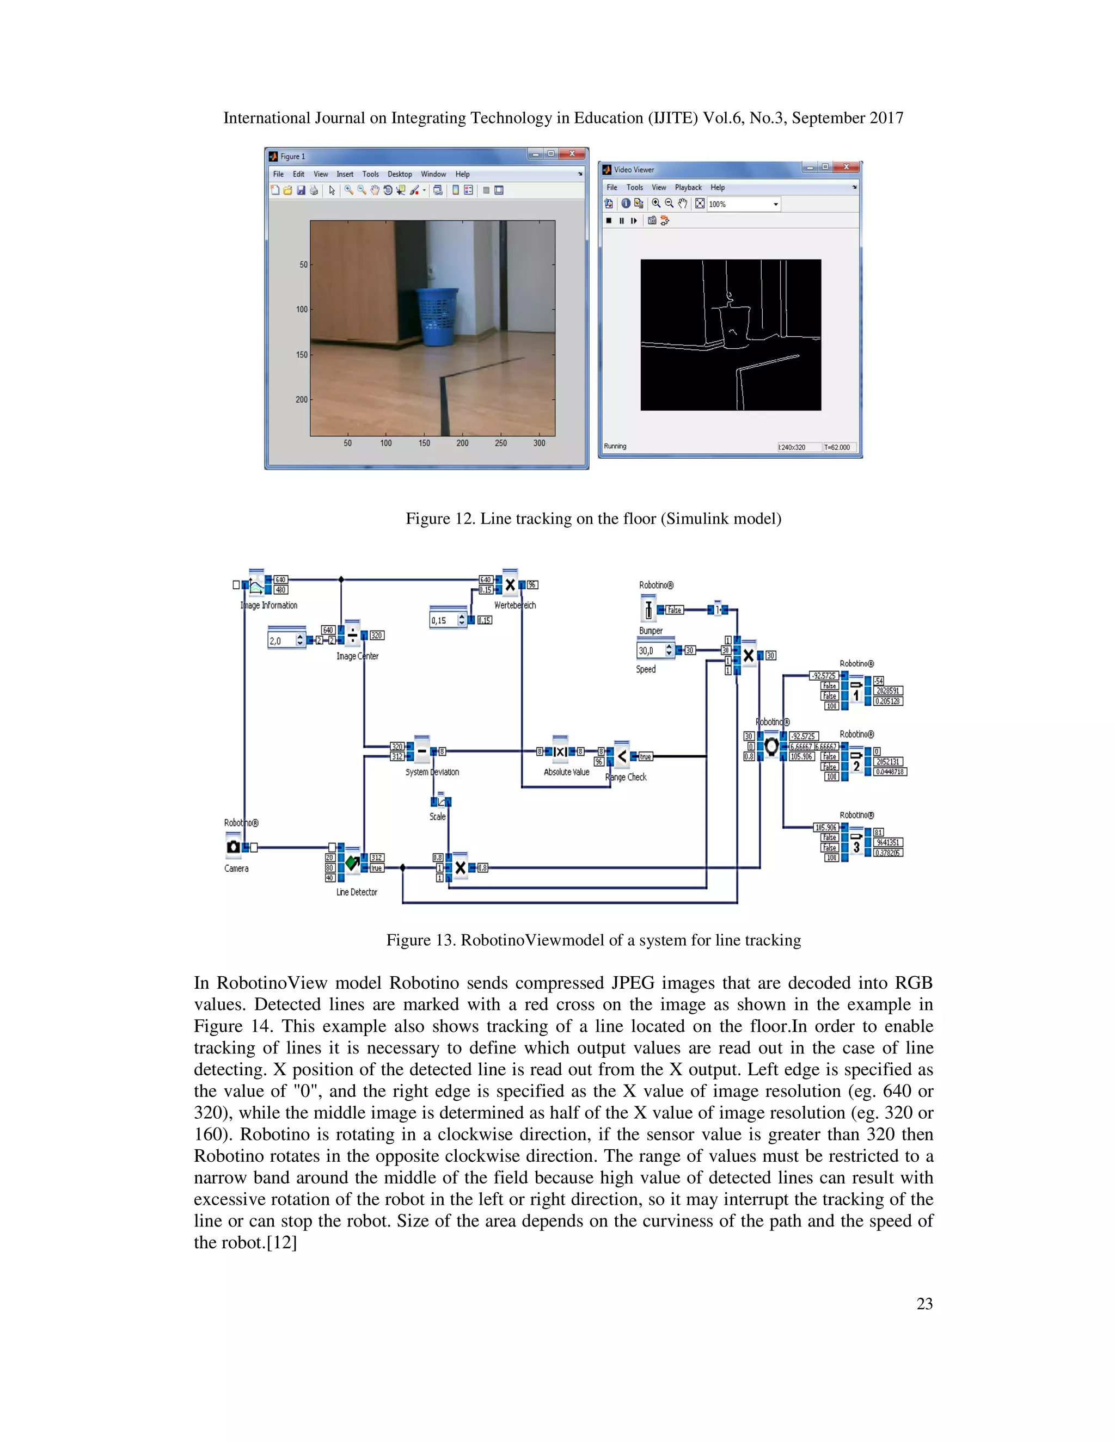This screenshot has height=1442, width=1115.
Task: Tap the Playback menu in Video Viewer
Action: pyautogui.click(x=688, y=188)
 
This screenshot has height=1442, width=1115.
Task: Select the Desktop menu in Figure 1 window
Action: pyautogui.click(x=399, y=174)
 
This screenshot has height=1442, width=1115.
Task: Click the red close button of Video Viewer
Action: pyautogui.click(x=846, y=168)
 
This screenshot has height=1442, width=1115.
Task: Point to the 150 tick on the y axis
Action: pyautogui.click(x=302, y=355)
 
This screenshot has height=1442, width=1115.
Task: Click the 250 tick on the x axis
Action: pyautogui.click(x=501, y=443)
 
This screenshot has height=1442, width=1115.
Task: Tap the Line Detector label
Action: pyautogui.click(x=357, y=892)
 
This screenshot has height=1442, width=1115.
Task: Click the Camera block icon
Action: pyautogui.click(x=233, y=847)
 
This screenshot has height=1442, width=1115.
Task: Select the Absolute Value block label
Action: pyautogui.click(x=566, y=772)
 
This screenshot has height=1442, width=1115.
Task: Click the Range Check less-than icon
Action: pyautogui.click(x=622, y=756)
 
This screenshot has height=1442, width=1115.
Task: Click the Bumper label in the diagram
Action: pyautogui.click(x=651, y=631)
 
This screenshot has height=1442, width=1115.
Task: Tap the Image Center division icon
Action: pyautogui.click(x=352, y=636)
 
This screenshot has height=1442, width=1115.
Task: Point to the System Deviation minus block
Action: pyautogui.click(x=422, y=751)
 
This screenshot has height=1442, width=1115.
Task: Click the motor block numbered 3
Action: pyautogui.click(x=856, y=847)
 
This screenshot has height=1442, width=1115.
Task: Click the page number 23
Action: pyautogui.click(x=924, y=1303)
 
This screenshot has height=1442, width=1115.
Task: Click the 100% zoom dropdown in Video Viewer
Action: pyautogui.click(x=743, y=204)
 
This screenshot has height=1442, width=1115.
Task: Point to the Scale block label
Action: pyautogui.click(x=437, y=817)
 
